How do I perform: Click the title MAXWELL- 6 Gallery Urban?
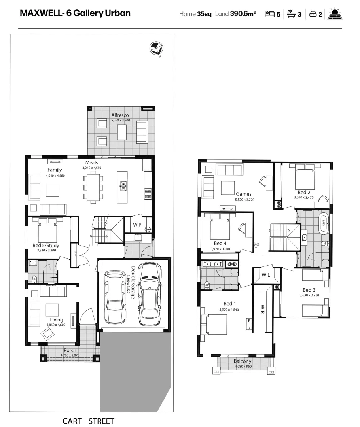(75, 13)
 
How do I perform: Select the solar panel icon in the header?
(335, 14)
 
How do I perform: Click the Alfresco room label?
(119, 115)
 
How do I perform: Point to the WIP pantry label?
(137, 225)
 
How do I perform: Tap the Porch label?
(70, 350)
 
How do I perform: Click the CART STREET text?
(88, 421)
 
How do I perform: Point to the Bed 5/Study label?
(45, 246)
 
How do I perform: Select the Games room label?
(244, 194)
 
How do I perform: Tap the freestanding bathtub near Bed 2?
(323, 223)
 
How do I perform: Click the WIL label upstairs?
(265, 274)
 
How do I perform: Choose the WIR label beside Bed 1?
(262, 309)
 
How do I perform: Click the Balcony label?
(242, 361)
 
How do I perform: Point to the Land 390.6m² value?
(235, 14)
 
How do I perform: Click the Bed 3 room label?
(309, 290)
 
